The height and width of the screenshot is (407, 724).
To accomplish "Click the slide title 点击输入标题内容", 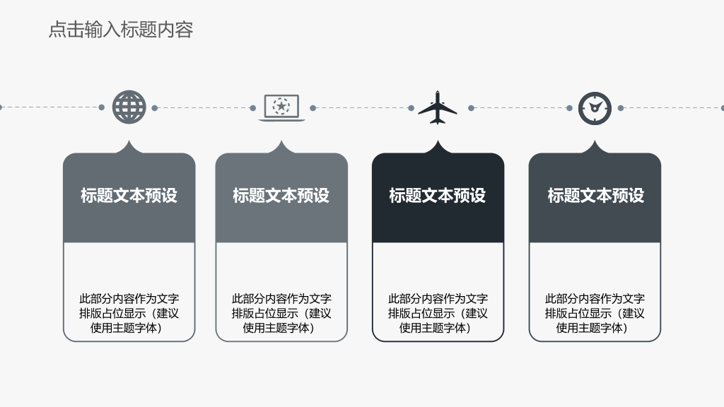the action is pos(120,30).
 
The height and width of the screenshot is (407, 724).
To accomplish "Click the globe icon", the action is pos(129,107).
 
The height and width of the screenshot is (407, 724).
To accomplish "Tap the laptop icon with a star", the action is pos(281,108).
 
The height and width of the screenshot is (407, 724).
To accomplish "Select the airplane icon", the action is pos(438,107).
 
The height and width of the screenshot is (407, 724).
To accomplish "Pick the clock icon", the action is pos(595,108).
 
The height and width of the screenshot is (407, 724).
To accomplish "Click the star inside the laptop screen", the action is pos(281,106).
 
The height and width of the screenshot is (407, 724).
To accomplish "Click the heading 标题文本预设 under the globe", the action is pos(129,195).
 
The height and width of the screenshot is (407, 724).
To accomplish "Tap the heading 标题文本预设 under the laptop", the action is pos(281,195).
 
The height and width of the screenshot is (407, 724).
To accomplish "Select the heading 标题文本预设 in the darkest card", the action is pos(437,195).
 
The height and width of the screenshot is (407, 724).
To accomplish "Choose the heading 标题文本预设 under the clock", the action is pos(595,195).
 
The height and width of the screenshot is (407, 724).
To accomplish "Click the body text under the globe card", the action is pos(129,313).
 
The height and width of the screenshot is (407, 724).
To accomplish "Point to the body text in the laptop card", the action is pos(281,313).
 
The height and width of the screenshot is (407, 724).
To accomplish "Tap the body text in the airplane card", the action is pos(438,313).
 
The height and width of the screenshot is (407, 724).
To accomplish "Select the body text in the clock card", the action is pos(595,313).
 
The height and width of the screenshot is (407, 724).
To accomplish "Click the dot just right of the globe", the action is pos(155,108).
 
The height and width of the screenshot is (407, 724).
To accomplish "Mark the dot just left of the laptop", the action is pos(252,108).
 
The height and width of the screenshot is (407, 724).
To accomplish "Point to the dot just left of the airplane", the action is pos(411,108).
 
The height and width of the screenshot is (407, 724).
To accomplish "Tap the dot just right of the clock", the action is pos(621,108).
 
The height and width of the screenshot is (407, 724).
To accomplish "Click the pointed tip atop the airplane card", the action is pos(438,141).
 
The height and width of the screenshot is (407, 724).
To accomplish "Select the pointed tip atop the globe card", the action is pos(129,141).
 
